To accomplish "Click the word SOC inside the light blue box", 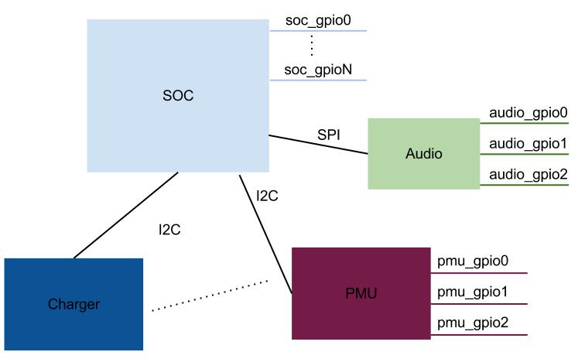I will [178, 96].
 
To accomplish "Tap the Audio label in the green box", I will [423, 154].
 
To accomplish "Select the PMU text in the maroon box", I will [361, 293].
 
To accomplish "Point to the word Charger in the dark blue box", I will [74, 304].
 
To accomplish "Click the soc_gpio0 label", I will [318, 20].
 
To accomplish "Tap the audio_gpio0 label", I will [528, 112].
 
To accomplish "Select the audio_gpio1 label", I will [528, 143].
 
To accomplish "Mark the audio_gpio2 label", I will [528, 174].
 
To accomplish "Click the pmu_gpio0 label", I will [472, 261].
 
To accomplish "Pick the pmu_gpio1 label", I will [472, 292].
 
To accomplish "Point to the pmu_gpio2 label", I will [472, 323].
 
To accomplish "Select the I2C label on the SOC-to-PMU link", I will [267, 196].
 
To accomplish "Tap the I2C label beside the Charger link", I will [170, 229].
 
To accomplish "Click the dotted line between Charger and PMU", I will [209, 297].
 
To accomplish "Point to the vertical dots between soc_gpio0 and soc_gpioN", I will [311, 46].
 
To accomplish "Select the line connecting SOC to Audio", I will [318, 145].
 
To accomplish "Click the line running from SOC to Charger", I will [125, 216].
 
